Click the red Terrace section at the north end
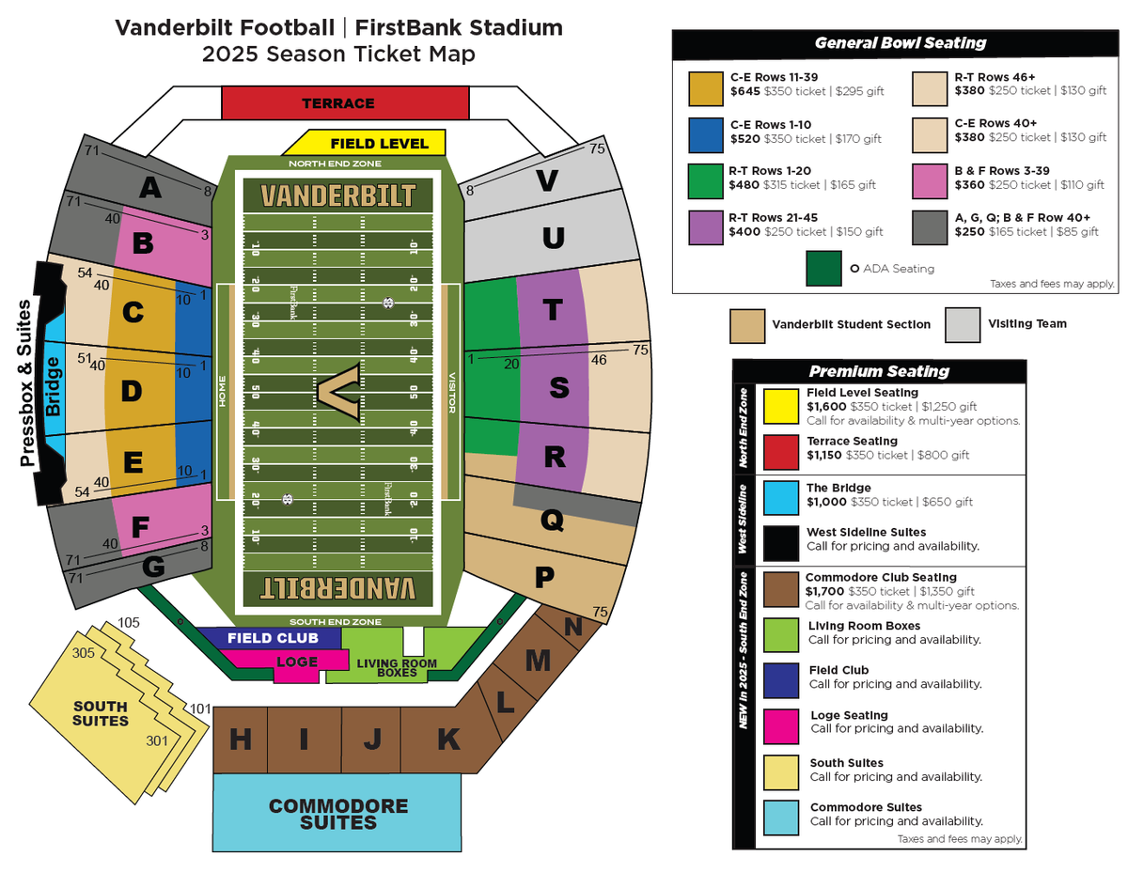[x=344, y=102]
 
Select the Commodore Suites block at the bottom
[x=338, y=814]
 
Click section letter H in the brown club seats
[x=241, y=740]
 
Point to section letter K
[x=448, y=740]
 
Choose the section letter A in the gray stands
[x=149, y=189]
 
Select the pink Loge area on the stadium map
[x=297, y=661]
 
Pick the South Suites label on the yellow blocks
[x=101, y=713]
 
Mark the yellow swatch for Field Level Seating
[x=778, y=406]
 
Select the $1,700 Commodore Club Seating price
[x=825, y=592]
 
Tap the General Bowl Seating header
[x=900, y=42]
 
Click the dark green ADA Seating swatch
[x=823, y=269]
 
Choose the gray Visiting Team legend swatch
[x=962, y=324]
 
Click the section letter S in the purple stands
[x=559, y=386]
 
